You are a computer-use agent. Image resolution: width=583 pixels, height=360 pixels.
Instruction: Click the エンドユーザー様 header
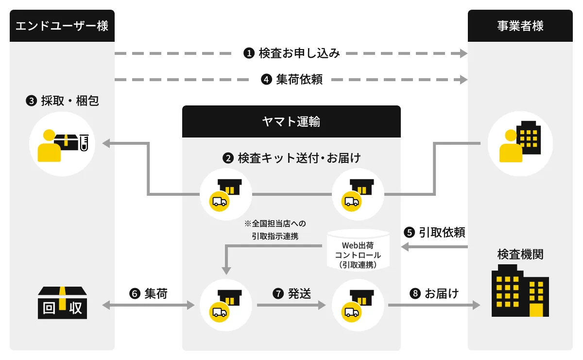tap(62, 26)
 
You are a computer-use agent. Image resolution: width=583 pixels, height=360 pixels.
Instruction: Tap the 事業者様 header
tap(520, 26)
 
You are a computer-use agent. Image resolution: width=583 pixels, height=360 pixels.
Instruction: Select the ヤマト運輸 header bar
tap(291, 121)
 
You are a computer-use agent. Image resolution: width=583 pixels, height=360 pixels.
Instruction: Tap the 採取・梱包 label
tap(63, 101)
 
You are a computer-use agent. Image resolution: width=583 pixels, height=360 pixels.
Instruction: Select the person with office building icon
tap(520, 144)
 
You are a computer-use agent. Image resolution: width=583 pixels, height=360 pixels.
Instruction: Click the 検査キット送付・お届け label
tap(292, 158)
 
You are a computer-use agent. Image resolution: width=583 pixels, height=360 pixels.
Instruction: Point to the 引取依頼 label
tap(435, 233)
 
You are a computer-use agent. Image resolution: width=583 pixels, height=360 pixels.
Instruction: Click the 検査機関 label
tap(520, 255)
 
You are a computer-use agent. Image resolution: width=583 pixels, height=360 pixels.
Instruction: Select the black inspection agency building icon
tap(520, 291)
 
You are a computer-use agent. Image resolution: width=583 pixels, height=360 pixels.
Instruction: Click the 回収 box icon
tap(62, 303)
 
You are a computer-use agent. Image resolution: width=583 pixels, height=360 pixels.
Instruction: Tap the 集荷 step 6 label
tap(149, 293)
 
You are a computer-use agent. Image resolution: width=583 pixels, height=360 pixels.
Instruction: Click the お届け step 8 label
tap(435, 293)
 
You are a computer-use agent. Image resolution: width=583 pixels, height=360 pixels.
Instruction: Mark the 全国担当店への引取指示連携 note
tap(275, 230)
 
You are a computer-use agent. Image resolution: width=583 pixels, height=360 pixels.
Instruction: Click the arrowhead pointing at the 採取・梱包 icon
tap(105, 143)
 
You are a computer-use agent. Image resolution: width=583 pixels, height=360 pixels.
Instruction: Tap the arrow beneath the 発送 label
tap(291, 306)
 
